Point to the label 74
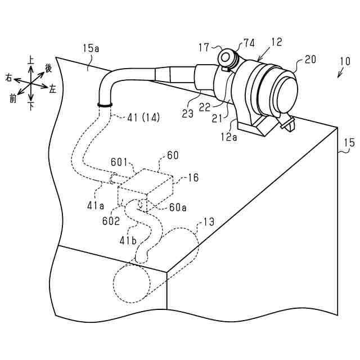249,44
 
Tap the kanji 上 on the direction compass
31,58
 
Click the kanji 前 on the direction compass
13,99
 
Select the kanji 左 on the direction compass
53,89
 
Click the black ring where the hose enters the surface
105,104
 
